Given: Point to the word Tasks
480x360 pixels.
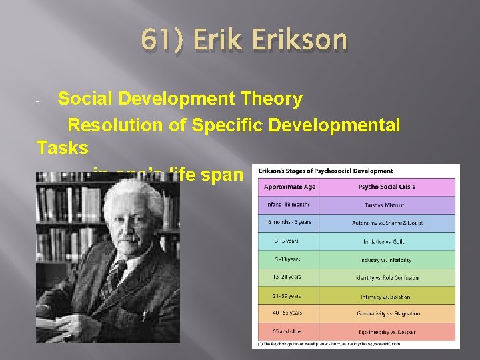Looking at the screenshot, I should click(62, 148).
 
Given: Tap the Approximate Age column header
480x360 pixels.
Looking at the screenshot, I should click(291, 187).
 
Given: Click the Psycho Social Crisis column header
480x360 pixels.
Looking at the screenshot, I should click(389, 187).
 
